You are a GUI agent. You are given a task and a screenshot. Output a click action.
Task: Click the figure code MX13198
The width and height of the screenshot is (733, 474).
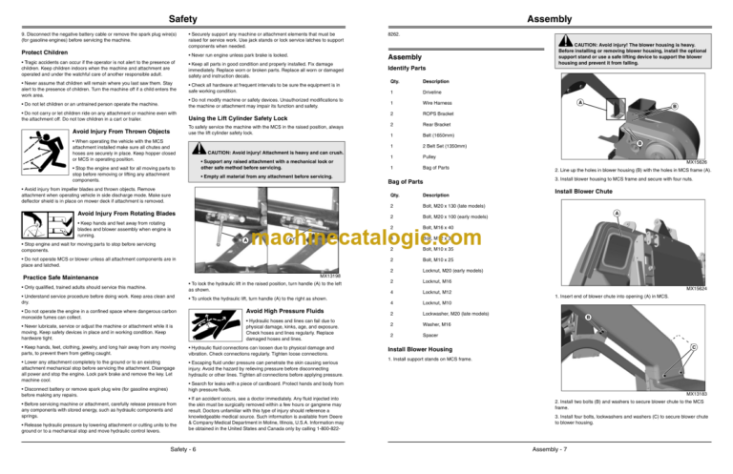click(332, 276)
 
